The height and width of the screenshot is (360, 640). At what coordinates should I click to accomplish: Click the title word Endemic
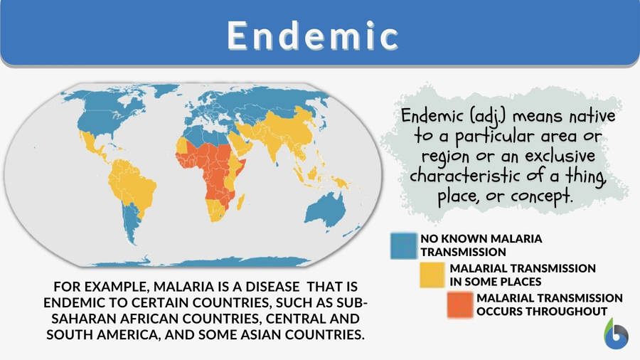313,36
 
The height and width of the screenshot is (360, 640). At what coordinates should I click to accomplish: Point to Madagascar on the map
240,201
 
